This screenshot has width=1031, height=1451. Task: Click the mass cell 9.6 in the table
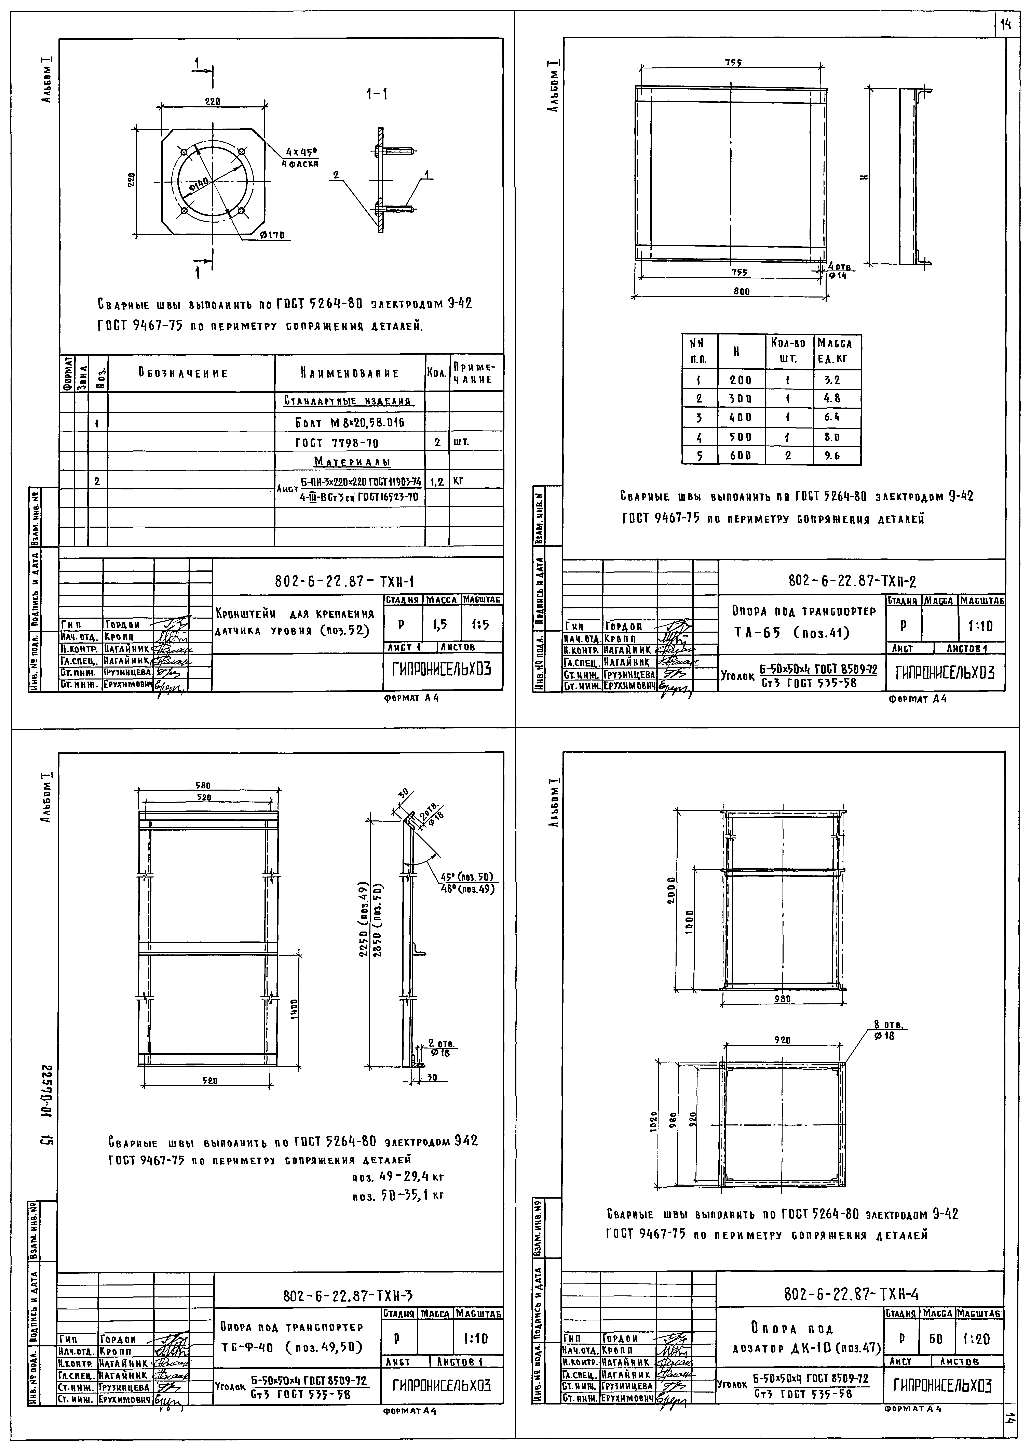pyautogui.click(x=832, y=455)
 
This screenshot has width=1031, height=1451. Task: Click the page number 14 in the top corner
pyautogui.click(x=1006, y=25)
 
